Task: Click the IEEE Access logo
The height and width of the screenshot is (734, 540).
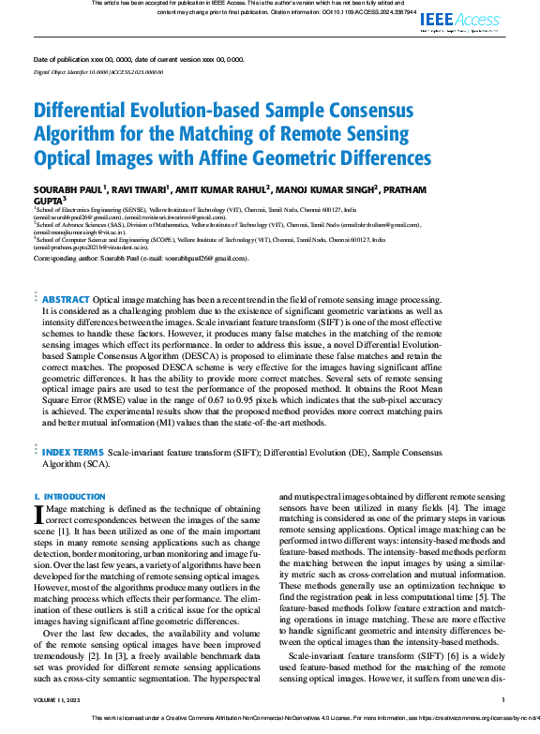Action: coord(462,20)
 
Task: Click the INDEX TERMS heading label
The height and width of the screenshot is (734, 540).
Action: coord(74,451)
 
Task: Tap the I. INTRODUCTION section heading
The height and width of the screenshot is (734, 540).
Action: coord(69,496)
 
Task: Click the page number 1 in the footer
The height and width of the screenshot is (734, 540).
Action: coord(503,700)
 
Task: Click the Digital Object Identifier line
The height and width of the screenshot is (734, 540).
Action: coord(98,71)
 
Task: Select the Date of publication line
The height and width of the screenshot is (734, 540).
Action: coord(139,59)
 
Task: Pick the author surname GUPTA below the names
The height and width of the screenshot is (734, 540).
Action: coord(50,199)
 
